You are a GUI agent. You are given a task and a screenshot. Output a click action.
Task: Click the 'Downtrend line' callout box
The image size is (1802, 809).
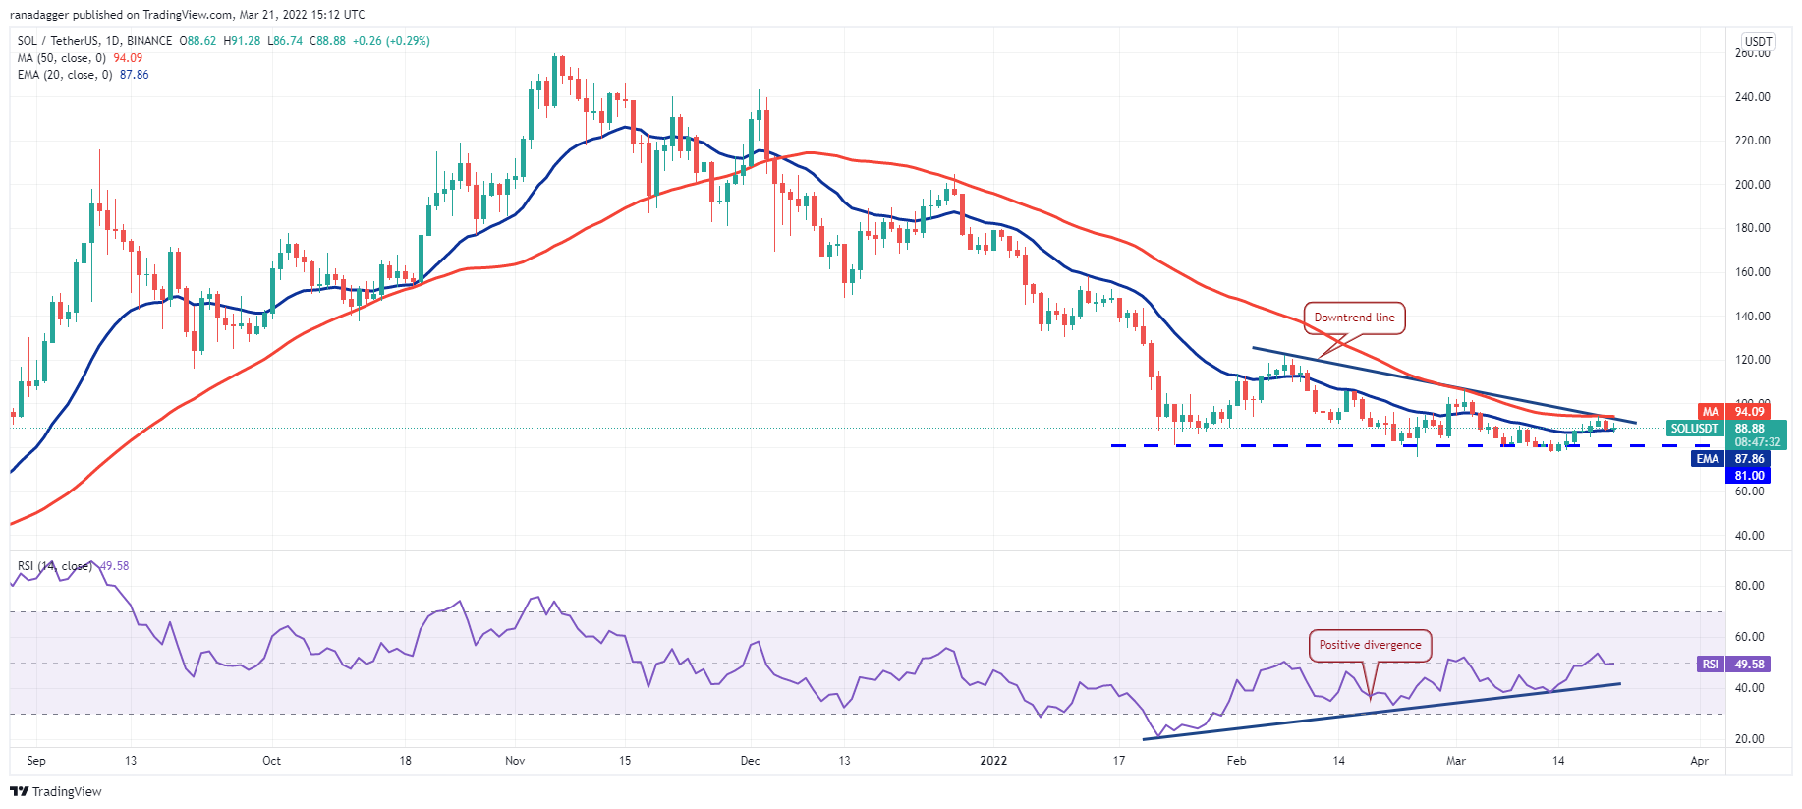[1354, 318]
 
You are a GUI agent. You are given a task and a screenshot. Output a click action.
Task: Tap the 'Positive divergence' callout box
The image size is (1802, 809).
[1370, 645]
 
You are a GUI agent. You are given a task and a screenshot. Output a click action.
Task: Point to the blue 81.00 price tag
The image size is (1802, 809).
[1749, 476]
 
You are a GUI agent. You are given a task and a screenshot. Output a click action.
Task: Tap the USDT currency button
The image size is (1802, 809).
[1757, 42]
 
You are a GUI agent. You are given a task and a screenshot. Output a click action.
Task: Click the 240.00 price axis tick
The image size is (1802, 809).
[1752, 97]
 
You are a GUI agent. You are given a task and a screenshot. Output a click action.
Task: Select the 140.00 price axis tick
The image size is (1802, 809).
[1752, 317]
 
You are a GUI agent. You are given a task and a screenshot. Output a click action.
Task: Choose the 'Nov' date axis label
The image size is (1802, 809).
[515, 761]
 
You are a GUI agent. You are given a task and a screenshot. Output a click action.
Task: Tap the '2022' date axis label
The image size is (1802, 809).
[993, 761]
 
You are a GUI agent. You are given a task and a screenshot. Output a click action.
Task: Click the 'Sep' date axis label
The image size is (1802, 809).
[36, 761]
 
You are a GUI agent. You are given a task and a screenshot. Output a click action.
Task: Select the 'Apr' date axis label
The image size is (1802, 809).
[1699, 761]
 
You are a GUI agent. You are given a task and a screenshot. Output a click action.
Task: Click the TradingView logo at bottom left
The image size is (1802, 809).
[56, 791]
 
